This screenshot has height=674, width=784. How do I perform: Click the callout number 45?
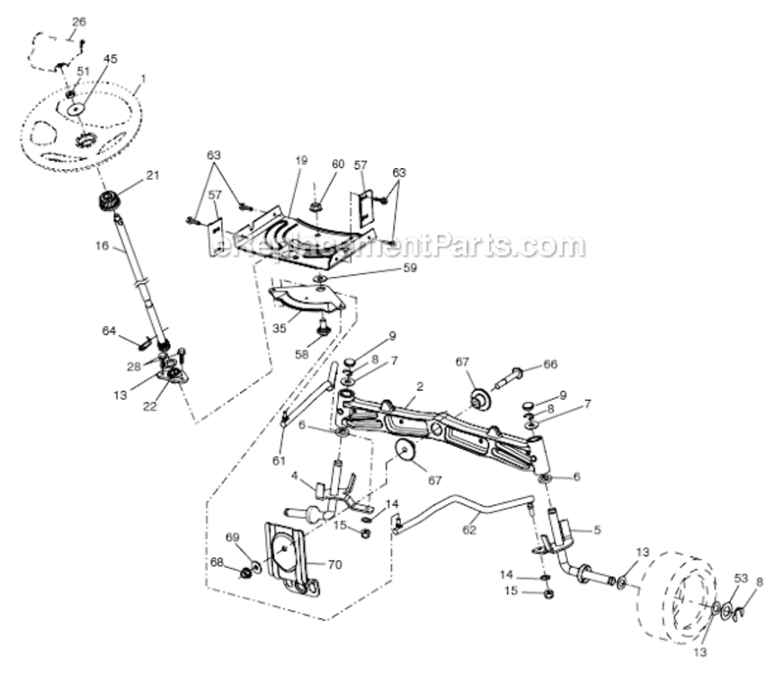[110, 59]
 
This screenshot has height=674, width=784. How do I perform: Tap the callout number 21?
[152, 175]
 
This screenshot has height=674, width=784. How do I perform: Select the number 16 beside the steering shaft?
[103, 244]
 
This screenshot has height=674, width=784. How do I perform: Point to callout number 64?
[109, 332]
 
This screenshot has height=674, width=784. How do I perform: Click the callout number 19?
[300, 160]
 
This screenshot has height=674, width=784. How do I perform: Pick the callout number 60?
[337, 164]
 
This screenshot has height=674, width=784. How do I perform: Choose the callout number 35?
[280, 328]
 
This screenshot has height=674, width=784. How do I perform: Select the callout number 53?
[741, 578]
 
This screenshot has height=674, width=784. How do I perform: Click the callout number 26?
[79, 21]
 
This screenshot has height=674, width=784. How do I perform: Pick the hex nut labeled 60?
[318, 208]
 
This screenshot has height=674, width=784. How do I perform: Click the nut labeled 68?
[244, 572]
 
